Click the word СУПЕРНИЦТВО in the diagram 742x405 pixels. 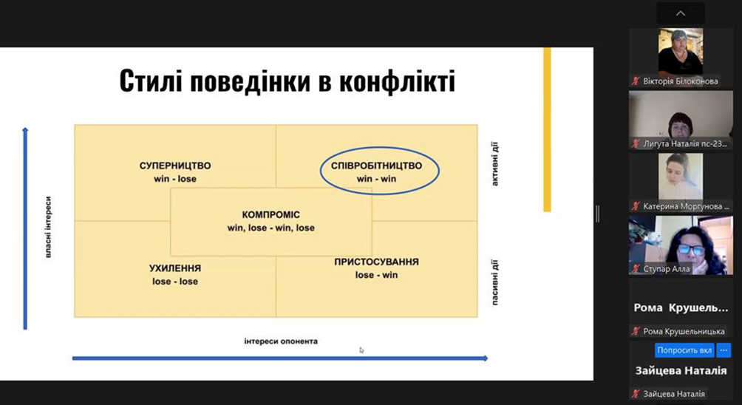175,166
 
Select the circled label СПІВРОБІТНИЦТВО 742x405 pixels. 376,166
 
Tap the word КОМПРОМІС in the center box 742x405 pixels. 270,215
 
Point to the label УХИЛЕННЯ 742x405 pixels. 175,268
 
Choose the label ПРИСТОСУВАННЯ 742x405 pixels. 376,262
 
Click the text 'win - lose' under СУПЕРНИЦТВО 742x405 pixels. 175,179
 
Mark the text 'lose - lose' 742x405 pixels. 175,282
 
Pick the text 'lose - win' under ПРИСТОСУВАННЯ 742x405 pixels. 376,275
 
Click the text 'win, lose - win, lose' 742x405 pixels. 270,228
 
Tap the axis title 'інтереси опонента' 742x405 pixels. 281,341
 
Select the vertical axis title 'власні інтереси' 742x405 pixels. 48,227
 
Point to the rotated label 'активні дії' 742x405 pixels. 494,164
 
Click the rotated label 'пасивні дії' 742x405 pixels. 494,282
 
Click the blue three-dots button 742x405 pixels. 724,350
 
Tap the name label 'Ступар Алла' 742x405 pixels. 667,269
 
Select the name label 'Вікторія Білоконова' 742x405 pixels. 681,81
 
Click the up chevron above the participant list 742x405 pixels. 681,13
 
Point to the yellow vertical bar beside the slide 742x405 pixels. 547,129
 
